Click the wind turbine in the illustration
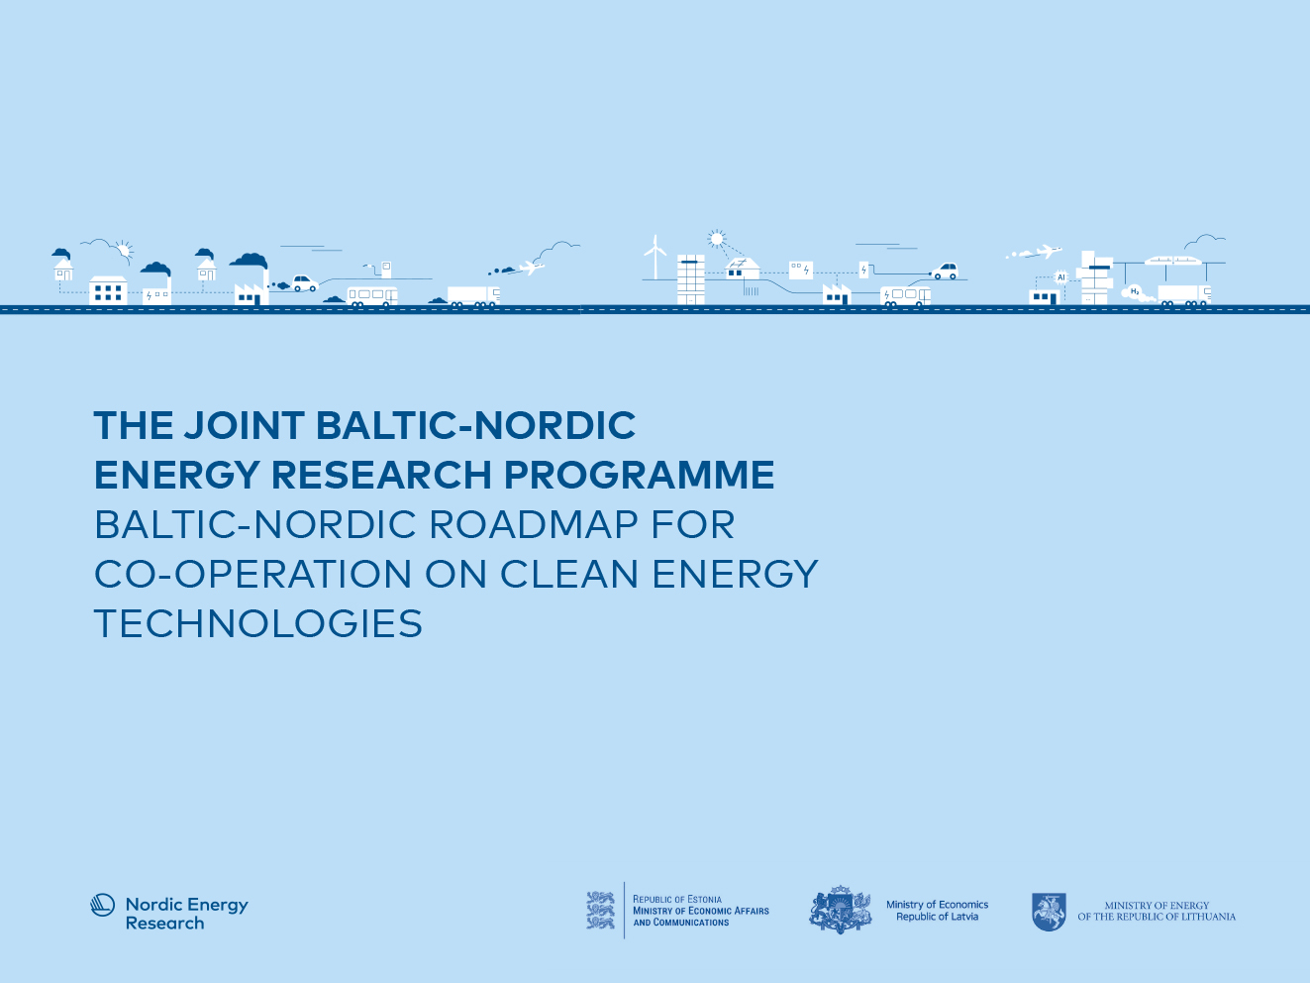click(655, 258)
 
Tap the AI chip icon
click(1061, 277)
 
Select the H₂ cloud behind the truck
click(1137, 292)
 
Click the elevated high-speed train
click(1172, 261)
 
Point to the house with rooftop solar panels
click(742, 269)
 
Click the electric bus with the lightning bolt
click(905, 296)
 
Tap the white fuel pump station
click(385, 270)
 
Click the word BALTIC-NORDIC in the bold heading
click(475, 426)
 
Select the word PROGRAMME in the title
click(640, 475)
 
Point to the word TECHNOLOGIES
click(257, 623)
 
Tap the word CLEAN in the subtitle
click(569, 574)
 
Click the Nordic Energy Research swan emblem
click(103, 905)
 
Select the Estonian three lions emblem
click(600, 910)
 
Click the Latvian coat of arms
click(841, 910)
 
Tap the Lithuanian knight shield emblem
click(1049, 912)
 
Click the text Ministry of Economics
click(937, 904)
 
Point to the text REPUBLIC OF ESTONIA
click(676, 899)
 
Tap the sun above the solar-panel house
click(716, 239)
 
